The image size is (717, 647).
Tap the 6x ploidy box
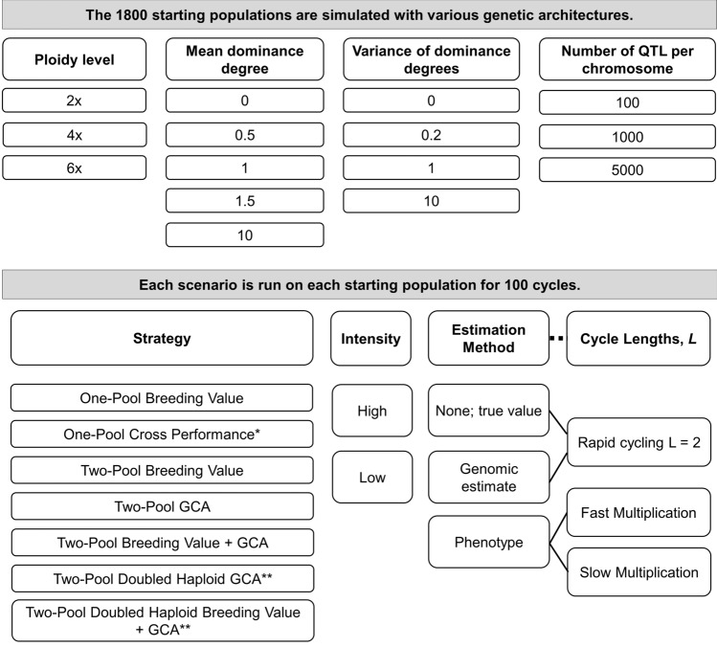[x=75, y=167]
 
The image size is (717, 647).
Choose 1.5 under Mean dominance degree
[x=244, y=201]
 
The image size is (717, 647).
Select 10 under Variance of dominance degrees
[x=431, y=201]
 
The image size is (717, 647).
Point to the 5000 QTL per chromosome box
[x=626, y=168]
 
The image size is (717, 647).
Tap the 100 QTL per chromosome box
[x=626, y=102]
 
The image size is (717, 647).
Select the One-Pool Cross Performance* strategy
[x=162, y=434]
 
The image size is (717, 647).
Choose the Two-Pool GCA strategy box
[x=162, y=505]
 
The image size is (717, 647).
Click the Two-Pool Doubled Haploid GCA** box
[x=162, y=577]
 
